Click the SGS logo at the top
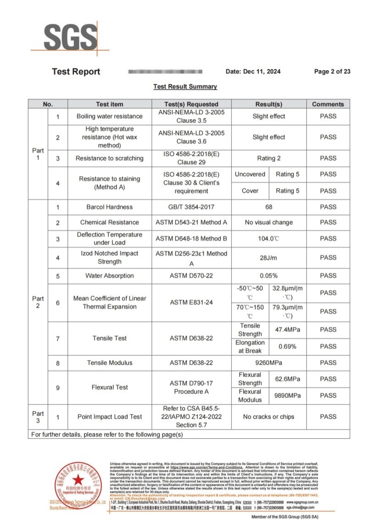click(70, 35)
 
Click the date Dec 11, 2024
click(253, 72)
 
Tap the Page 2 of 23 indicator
click(332, 72)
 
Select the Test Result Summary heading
click(185, 86)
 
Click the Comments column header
click(328, 104)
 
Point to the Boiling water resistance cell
click(110, 116)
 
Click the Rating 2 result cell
click(269, 158)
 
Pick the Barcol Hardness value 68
click(269, 207)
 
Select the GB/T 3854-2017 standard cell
click(192, 207)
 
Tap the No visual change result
click(269, 222)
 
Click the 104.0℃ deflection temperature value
click(269, 238)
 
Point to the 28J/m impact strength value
click(269, 258)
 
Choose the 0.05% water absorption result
click(269, 276)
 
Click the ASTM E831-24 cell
click(192, 303)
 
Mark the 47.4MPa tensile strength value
click(287, 330)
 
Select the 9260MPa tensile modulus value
click(269, 363)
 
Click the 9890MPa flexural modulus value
click(287, 395)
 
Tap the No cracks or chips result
click(269, 417)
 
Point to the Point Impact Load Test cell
click(110, 417)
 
